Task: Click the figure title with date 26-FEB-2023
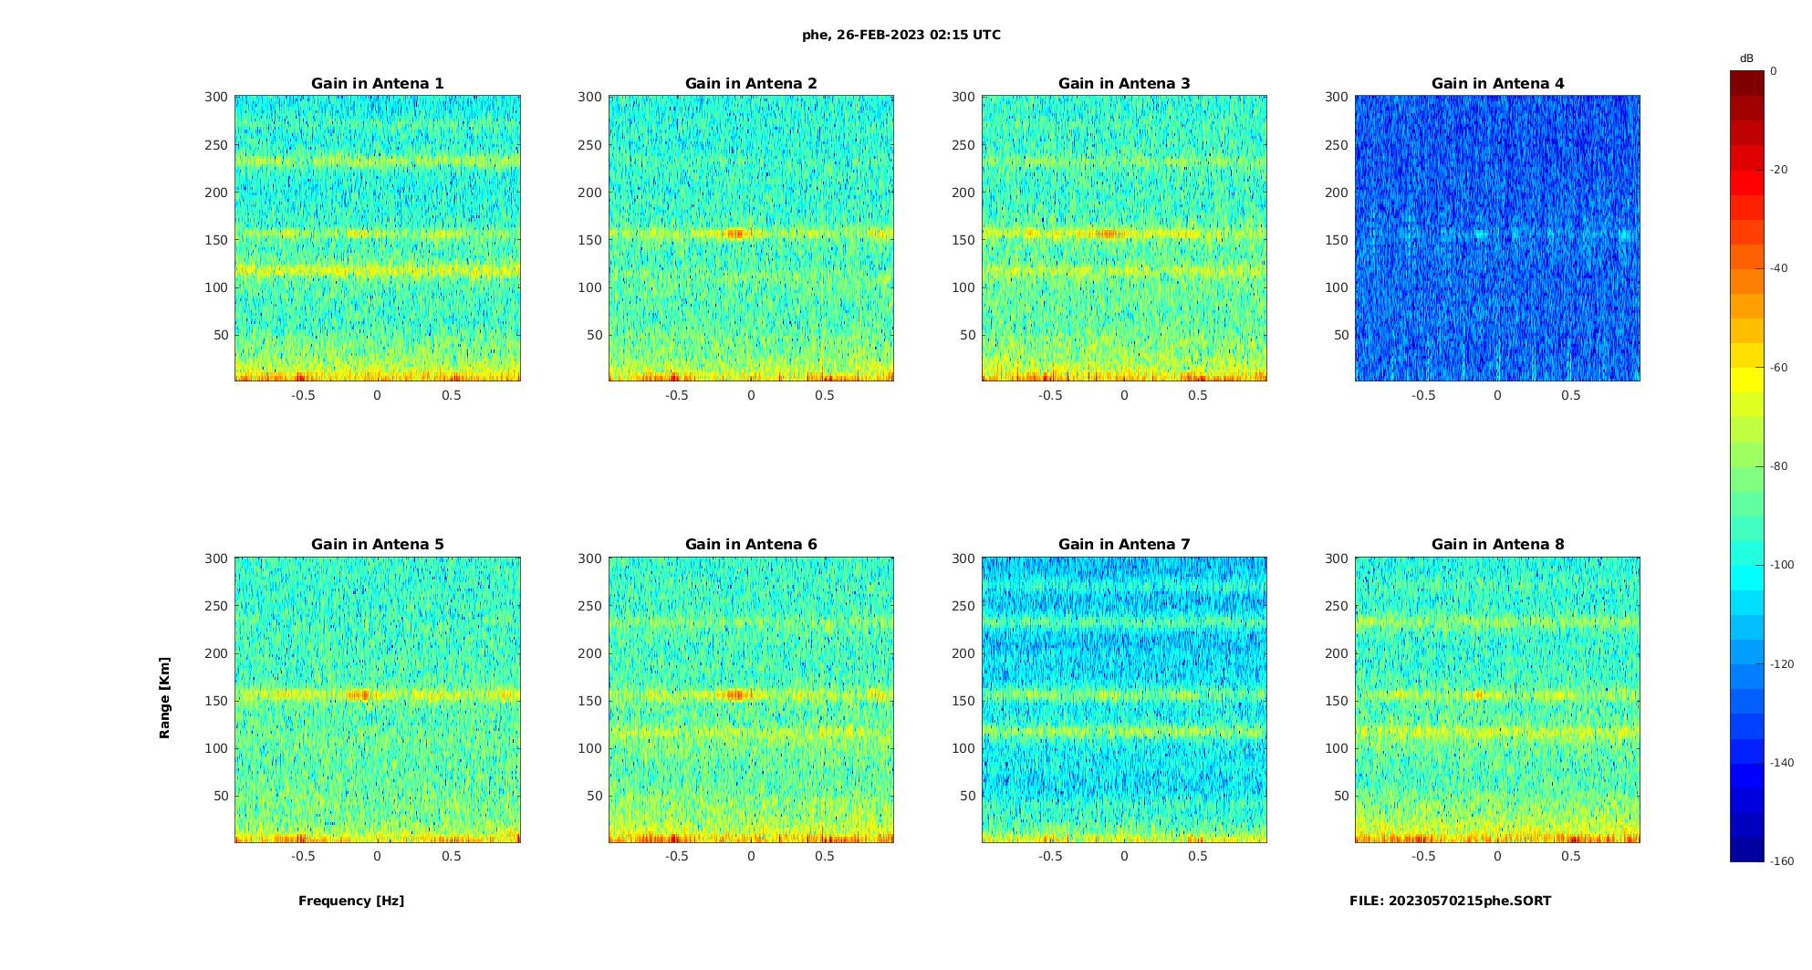[901, 35]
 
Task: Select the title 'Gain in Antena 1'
[378, 83]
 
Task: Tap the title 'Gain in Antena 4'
[1497, 83]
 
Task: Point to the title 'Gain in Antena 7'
[1124, 544]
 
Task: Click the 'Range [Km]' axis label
[164, 697]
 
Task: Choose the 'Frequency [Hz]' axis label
[351, 901]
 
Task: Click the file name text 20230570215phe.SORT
[1450, 901]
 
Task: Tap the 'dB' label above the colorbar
[1746, 58]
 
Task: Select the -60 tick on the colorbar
[1779, 368]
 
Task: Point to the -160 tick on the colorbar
[1782, 861]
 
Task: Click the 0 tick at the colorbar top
[1774, 71]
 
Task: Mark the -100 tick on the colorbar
[1782, 565]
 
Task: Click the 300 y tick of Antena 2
[589, 97]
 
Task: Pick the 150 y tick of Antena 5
[216, 701]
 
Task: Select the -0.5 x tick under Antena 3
[1050, 395]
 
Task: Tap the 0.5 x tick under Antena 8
[1571, 856]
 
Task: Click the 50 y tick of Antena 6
[594, 796]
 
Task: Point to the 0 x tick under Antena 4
[1497, 395]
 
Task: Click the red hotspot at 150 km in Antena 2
[735, 234]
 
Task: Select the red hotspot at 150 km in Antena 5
[361, 694]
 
